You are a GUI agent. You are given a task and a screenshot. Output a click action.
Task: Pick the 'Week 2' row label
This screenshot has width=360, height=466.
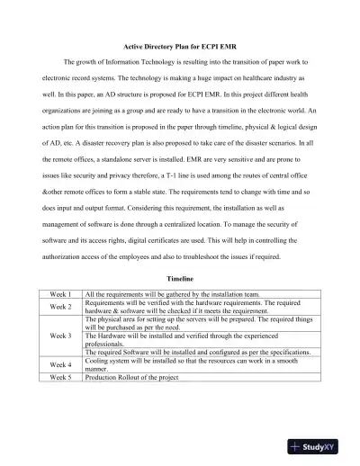click(60, 307)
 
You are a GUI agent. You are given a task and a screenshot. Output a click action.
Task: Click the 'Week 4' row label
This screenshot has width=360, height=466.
click(60, 364)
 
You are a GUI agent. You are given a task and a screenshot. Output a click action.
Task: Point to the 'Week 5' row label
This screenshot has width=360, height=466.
click(60, 378)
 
